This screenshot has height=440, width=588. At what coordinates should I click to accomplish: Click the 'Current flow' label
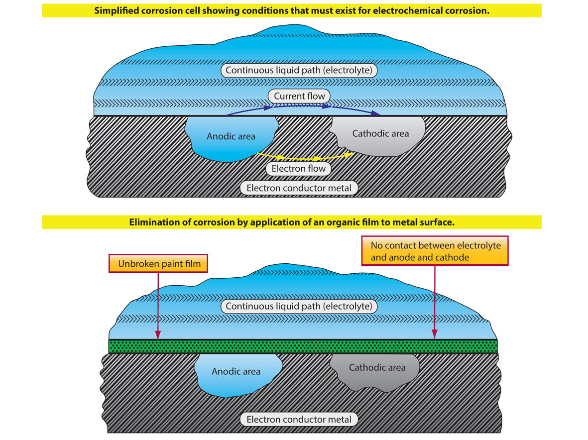pos(299,96)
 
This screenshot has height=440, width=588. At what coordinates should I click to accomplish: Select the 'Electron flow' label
pos(298,169)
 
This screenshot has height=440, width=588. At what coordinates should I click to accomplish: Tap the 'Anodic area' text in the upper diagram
pos(231,136)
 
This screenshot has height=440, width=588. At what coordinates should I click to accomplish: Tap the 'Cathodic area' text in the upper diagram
pos(380,133)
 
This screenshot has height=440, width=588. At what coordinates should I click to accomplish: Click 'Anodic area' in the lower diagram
pos(236,371)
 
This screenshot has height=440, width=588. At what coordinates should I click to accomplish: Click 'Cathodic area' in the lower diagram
pos(377,368)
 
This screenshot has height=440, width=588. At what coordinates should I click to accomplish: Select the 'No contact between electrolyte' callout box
pos(435,251)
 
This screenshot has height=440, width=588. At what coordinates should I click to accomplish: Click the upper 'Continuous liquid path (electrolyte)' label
pos(299,70)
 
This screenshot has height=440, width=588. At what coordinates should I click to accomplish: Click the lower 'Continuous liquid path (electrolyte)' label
pos(299,306)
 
